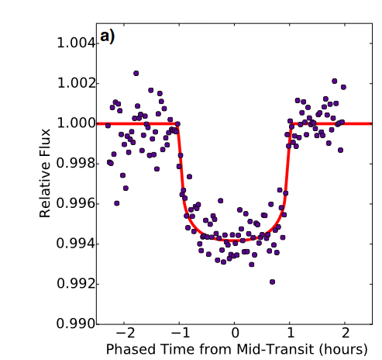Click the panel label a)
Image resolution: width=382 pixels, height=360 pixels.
point(107,36)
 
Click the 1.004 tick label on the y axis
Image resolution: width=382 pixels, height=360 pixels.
point(76,43)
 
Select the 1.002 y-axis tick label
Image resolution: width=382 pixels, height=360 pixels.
point(76,83)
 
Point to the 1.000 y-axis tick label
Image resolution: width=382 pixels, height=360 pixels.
point(76,123)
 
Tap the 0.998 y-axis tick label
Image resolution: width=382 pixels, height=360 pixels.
point(76,164)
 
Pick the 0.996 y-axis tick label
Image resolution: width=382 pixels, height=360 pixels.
point(76,203)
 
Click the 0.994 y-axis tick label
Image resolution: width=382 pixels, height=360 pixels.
point(76,244)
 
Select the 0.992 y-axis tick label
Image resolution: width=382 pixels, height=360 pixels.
point(76,284)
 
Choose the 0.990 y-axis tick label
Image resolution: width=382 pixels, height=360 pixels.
point(76,324)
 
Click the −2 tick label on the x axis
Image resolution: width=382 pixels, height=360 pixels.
point(126,334)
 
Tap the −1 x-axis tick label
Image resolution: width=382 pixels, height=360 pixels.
point(181,334)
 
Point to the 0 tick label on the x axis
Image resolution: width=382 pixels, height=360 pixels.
point(235,334)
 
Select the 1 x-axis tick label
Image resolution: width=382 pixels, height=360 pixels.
point(291,334)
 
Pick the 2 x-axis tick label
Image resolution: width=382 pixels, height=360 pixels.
point(346,334)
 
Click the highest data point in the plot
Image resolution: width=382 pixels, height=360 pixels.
point(136,74)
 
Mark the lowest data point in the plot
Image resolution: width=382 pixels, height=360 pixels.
point(272,282)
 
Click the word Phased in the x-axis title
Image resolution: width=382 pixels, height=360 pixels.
point(131,349)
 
